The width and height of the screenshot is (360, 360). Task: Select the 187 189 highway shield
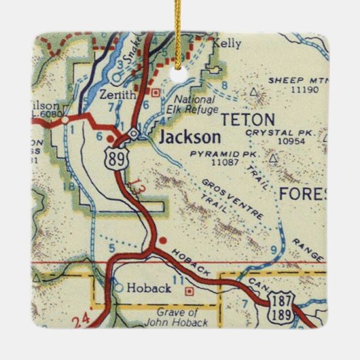pyautogui.click(x=280, y=309)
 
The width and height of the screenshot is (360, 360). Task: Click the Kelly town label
pyautogui.click(x=227, y=43)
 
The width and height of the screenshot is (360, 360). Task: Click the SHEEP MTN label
pyautogui.click(x=291, y=80)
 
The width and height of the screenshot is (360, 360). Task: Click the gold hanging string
pyautogui.click(x=180, y=31)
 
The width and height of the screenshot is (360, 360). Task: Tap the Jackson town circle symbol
pyautogui.click(x=134, y=134)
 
